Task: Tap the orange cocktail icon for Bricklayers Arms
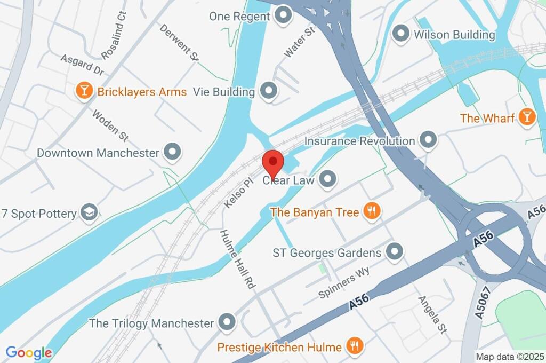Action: click(84, 91)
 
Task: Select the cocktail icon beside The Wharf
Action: click(527, 117)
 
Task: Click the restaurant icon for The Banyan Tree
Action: click(371, 212)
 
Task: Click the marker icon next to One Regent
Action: click(283, 15)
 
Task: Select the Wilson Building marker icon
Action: click(400, 35)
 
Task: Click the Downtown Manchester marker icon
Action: click(172, 153)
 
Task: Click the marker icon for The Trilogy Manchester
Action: click(228, 323)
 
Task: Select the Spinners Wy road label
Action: click(344, 283)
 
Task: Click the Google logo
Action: click(29, 353)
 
